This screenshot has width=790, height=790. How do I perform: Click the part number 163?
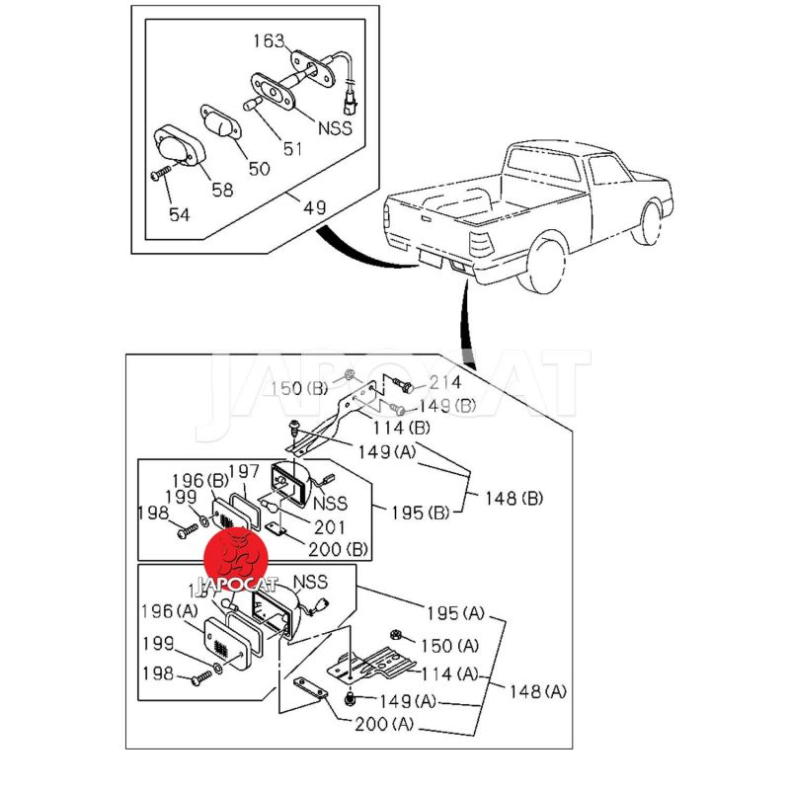click(x=269, y=41)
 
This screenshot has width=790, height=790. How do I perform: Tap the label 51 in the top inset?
click(x=293, y=149)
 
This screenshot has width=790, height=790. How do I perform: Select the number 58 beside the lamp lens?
click(x=222, y=190)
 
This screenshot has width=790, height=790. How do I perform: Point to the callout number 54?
click(x=179, y=214)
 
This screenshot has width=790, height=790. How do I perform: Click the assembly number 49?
click(x=314, y=208)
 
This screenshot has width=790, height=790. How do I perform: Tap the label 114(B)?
click(x=401, y=428)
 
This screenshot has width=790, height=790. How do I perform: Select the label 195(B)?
click(x=420, y=513)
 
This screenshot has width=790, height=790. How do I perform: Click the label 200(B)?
click(x=339, y=548)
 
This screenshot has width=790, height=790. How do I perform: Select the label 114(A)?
click(x=450, y=673)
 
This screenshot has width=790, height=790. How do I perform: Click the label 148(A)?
click(x=539, y=691)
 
